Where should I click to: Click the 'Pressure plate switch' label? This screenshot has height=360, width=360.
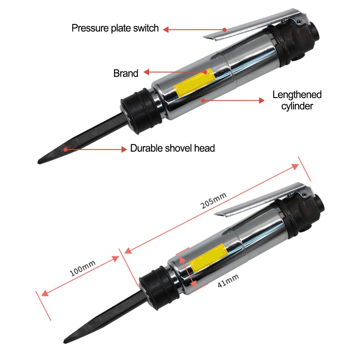115,28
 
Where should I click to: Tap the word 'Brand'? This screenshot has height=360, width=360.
126,73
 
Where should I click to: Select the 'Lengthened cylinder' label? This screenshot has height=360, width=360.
297,100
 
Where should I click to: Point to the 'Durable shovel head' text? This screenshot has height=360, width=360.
172,148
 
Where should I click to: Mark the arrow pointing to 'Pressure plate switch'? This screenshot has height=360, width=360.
194,30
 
